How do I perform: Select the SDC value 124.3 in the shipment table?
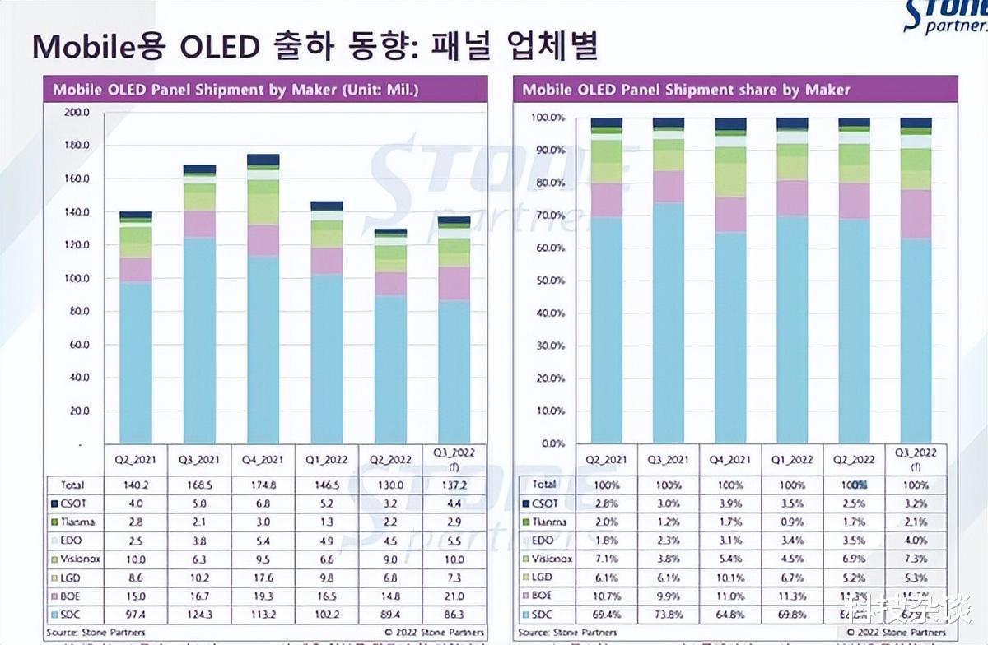(198, 615)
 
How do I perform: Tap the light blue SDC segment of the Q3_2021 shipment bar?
(199, 337)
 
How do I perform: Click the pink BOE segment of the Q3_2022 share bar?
(916, 214)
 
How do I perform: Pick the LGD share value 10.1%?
(730, 578)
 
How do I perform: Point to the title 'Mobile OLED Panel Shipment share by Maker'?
(686, 90)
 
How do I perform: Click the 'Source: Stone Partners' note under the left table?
(97, 632)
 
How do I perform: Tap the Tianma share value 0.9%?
(792, 522)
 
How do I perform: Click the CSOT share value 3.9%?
(730, 503)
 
